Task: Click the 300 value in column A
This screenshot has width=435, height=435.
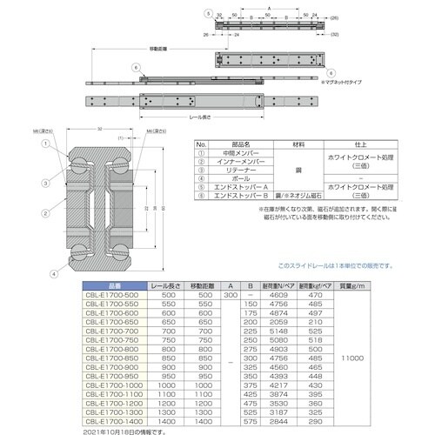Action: (x=230, y=297)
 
